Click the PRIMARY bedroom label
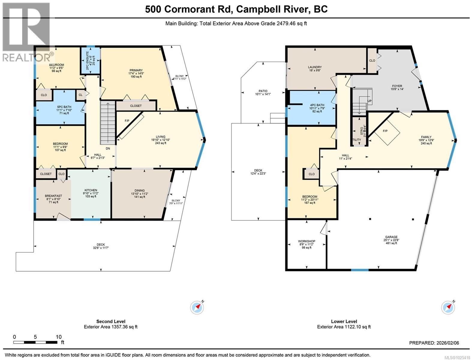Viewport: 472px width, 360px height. pos(136,70)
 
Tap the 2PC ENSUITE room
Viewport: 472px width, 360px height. pos(91,61)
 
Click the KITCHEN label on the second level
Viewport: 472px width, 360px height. pos(91,190)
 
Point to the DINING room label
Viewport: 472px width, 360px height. pos(139,190)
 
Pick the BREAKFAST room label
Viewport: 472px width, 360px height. pos(53,196)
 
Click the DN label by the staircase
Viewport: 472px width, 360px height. pos(108,148)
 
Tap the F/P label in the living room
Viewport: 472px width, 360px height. pos(127,121)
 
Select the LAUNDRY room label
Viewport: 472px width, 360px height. pos(315,67)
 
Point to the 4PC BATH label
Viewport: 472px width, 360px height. pos(317,105)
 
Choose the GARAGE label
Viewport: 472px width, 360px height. pos(391,237)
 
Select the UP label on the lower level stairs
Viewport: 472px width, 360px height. pos(369,101)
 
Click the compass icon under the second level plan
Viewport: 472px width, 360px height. pos(197,307)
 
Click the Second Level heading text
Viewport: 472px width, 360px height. pos(111,321)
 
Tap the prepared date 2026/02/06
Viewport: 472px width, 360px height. pos(448,343)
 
